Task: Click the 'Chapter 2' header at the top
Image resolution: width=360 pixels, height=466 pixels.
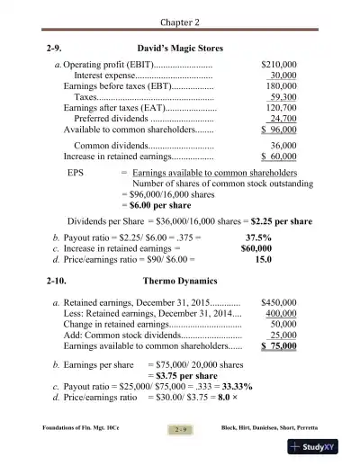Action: [x=180, y=20]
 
